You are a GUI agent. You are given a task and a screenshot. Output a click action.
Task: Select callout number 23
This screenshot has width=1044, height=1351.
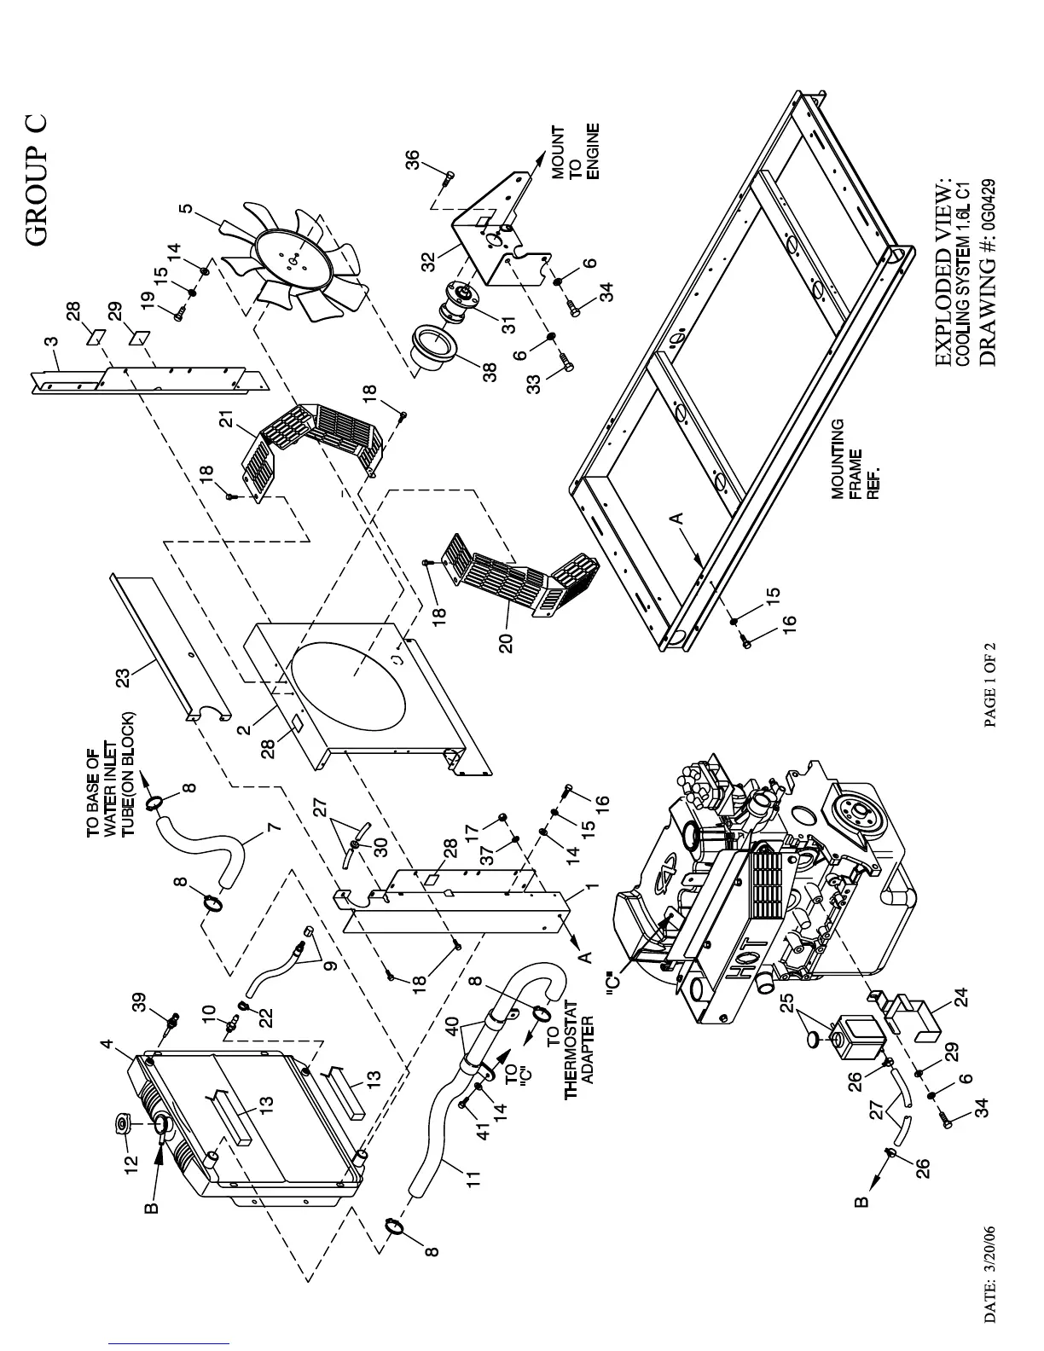pyautogui.click(x=124, y=677)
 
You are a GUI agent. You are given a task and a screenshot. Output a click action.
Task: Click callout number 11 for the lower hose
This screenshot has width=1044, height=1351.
pyautogui.click(x=473, y=1179)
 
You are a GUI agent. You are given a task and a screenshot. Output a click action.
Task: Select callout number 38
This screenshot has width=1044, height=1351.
pyautogui.click(x=490, y=373)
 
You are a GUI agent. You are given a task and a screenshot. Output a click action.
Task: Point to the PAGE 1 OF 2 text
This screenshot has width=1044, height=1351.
pyautogui.click(x=991, y=683)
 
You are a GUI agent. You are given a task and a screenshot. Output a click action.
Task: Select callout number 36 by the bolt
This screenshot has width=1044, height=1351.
pyautogui.click(x=412, y=160)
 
